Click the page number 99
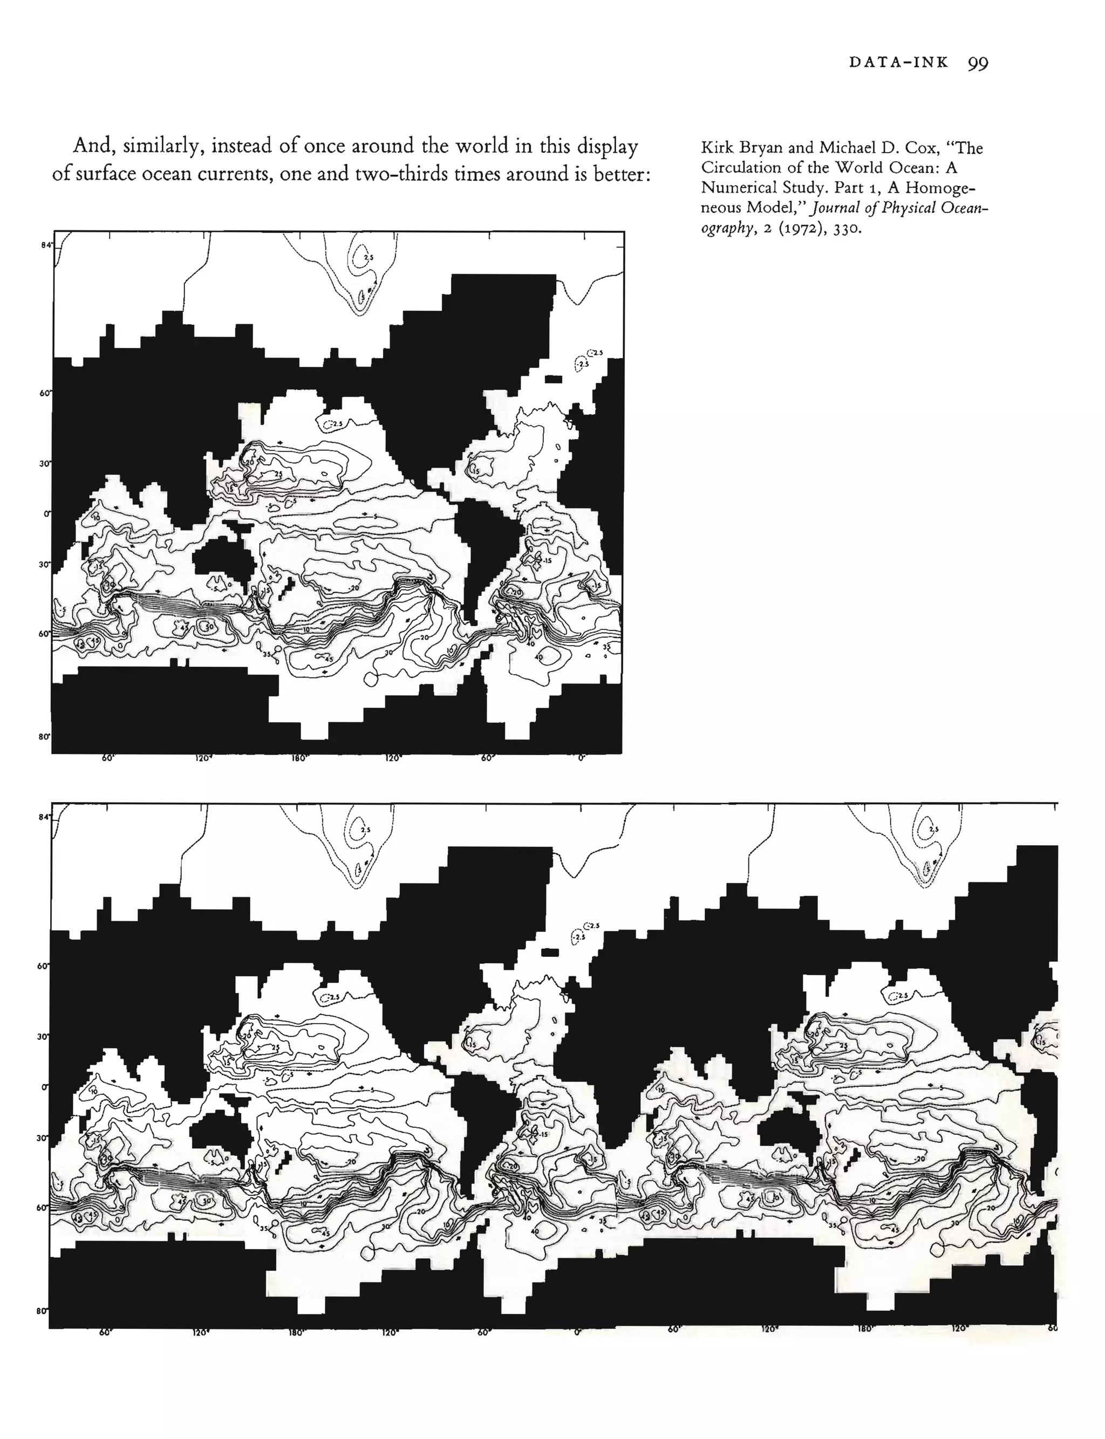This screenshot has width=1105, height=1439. coord(978,63)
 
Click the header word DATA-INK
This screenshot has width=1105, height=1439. coord(898,63)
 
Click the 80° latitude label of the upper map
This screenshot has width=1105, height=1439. coord(45,736)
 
